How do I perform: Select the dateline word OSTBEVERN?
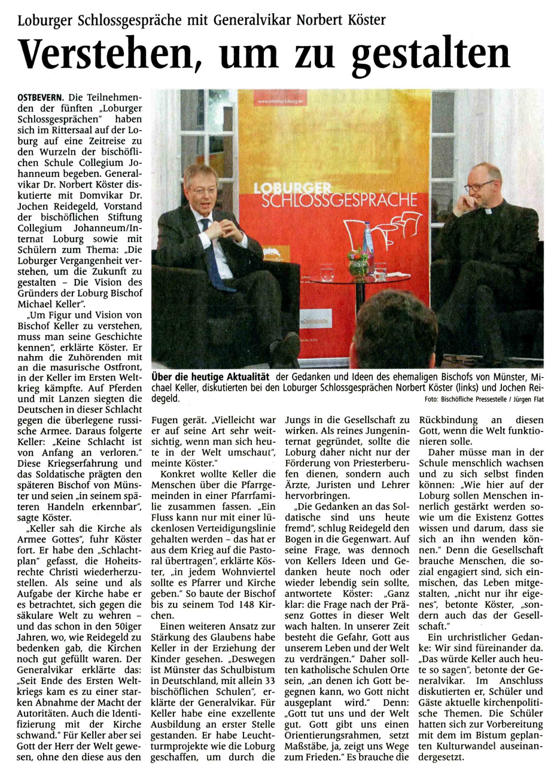41,97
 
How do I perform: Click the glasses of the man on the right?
479,186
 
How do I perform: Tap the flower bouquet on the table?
358,261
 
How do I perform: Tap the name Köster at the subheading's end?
366,20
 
